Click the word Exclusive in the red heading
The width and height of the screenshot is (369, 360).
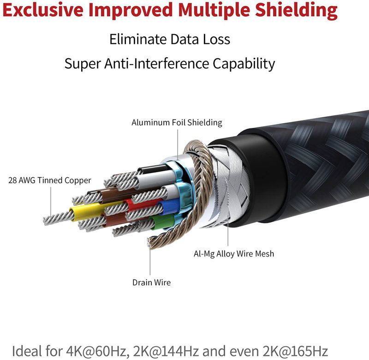(x=44, y=10)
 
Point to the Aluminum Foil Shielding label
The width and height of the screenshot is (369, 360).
(x=177, y=123)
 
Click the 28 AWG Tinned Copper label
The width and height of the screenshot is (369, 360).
(x=50, y=180)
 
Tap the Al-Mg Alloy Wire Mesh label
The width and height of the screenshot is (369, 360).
(x=234, y=253)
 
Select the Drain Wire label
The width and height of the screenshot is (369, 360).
(x=151, y=282)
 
